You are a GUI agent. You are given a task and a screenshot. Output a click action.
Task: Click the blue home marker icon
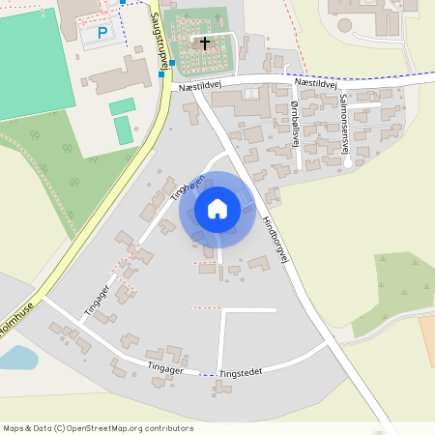[x=217, y=209]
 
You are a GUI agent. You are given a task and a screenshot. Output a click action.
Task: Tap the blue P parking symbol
[x=102, y=34]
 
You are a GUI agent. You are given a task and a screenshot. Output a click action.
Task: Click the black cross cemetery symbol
[x=204, y=43]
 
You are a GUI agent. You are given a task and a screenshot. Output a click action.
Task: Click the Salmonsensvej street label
[x=345, y=123]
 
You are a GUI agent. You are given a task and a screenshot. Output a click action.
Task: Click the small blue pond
[x=16, y=359]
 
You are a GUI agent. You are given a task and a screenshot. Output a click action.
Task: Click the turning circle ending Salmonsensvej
[x=348, y=161]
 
